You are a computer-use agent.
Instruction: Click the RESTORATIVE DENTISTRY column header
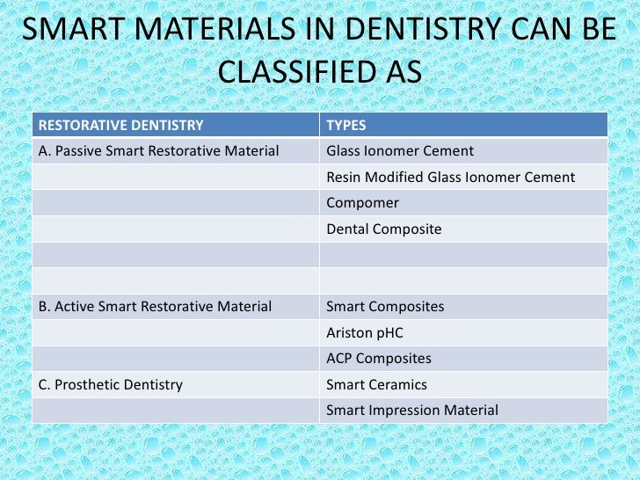click(x=121, y=125)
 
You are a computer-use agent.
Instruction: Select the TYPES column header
click(x=345, y=125)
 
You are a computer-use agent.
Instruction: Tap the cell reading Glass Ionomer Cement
click(x=399, y=151)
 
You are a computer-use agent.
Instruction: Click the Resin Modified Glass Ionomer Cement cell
click(x=450, y=178)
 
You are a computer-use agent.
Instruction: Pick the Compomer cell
click(x=362, y=203)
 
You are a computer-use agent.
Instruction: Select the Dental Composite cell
click(x=383, y=229)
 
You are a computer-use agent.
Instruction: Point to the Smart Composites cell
click(x=384, y=307)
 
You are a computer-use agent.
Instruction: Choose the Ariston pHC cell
click(x=364, y=333)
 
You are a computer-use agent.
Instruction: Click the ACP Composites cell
click(x=378, y=359)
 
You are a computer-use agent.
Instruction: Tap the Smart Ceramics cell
click(x=376, y=384)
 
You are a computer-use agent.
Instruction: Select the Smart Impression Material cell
click(x=411, y=411)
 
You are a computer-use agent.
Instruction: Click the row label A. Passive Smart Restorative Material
click(x=158, y=151)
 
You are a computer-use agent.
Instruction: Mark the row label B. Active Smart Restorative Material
click(x=155, y=307)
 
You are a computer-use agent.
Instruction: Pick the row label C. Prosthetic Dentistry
click(x=110, y=384)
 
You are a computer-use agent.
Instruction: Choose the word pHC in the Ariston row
click(x=389, y=333)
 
